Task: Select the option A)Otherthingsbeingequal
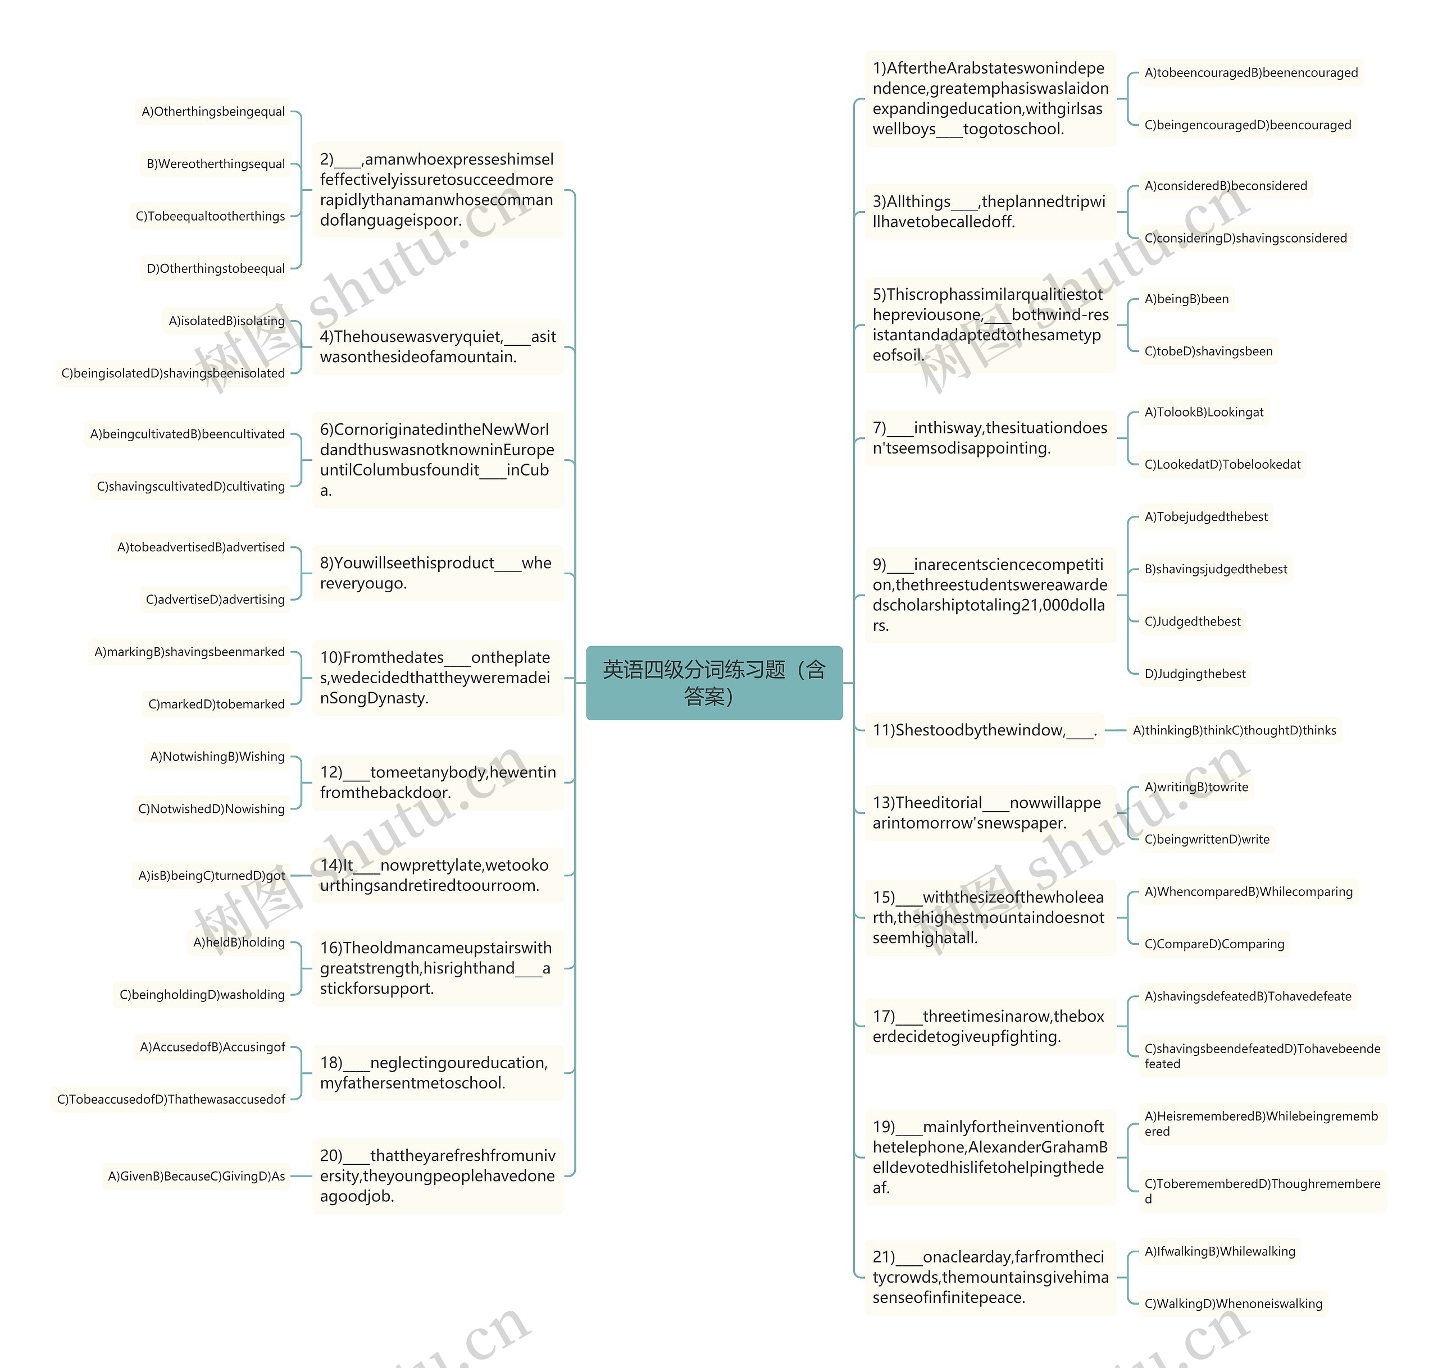(213, 112)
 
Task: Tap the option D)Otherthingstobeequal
(215, 268)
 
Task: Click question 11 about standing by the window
(984, 730)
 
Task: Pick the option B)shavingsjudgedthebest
(1216, 569)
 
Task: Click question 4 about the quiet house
(437, 346)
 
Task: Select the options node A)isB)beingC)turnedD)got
(212, 875)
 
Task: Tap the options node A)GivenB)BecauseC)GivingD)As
(196, 1175)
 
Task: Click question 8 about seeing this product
(437, 573)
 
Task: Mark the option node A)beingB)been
(1186, 299)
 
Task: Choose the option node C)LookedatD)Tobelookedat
(1222, 464)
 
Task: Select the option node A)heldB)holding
(239, 942)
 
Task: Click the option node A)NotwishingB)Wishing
(217, 756)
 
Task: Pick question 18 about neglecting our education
(437, 1073)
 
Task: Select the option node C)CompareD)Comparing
(1214, 944)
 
